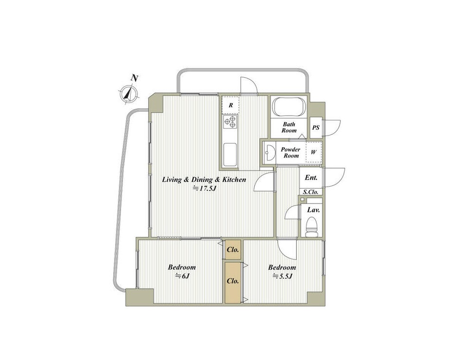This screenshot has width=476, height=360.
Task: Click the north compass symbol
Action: tap(129, 93)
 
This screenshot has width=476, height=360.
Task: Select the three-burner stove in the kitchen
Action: tap(230, 122)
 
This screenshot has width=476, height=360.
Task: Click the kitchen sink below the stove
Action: tap(230, 154)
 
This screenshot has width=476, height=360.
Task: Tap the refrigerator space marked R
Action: tap(231, 105)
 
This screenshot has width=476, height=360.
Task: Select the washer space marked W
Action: tap(314, 153)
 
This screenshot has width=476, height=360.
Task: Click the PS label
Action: tap(316, 127)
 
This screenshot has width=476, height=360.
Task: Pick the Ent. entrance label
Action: tap(311, 178)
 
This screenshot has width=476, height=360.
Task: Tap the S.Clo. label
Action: tap(311, 192)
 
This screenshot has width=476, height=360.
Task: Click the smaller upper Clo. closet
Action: tap(233, 250)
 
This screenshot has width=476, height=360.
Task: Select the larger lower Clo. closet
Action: tap(233, 282)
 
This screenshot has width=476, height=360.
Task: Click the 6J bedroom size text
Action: tap(183, 276)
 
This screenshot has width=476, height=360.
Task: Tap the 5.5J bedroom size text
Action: tap(282, 276)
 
